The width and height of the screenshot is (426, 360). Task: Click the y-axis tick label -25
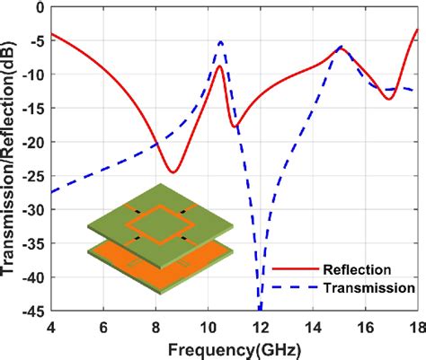[x=34, y=175]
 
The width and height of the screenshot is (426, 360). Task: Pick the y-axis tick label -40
[x=34, y=278]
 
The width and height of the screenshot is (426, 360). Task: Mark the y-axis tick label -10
[x=34, y=73]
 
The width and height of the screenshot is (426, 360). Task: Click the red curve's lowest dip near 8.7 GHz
[x=173, y=171]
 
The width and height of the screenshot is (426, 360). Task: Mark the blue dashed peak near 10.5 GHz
[x=221, y=41]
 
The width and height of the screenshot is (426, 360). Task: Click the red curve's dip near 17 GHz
[x=389, y=97]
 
